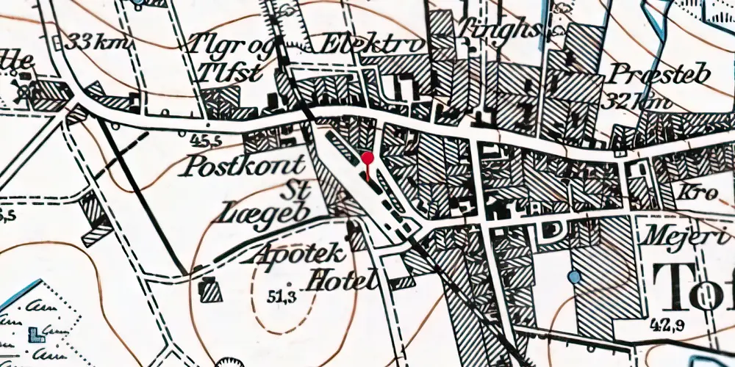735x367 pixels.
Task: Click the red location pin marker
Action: pos(367,158)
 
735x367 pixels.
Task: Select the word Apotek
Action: pos(298,255)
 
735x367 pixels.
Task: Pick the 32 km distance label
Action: pos(635,102)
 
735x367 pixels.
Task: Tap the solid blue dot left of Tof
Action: pos(574,277)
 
